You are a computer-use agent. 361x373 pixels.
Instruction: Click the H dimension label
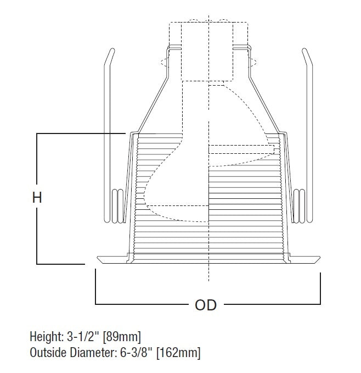pyautogui.click(x=37, y=198)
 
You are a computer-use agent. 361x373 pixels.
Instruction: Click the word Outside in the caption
pyautogui.click(x=47, y=352)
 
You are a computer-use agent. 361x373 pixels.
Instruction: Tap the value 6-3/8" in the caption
pyautogui.click(x=132, y=352)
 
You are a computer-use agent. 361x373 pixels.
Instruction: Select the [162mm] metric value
pyautogui.click(x=178, y=352)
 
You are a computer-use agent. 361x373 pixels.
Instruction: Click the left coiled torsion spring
pyautogui.click(x=117, y=206)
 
